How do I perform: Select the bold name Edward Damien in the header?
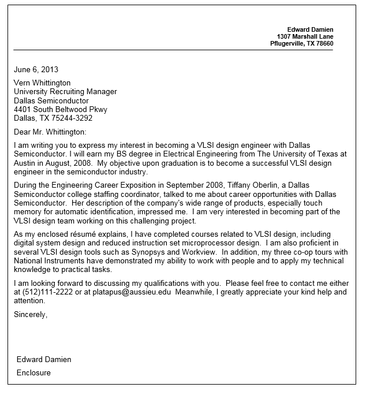[x=310, y=29]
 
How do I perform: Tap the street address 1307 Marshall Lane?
[x=305, y=36]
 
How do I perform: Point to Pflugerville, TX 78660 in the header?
[x=301, y=44]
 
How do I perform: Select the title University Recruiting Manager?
[x=65, y=91]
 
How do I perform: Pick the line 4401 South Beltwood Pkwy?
[x=61, y=109]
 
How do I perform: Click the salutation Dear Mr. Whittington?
[x=50, y=132]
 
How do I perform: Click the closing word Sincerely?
[x=30, y=314]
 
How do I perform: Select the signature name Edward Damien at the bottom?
[x=44, y=359]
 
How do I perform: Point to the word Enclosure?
[x=33, y=372]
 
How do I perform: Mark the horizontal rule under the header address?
[x=173, y=50]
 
